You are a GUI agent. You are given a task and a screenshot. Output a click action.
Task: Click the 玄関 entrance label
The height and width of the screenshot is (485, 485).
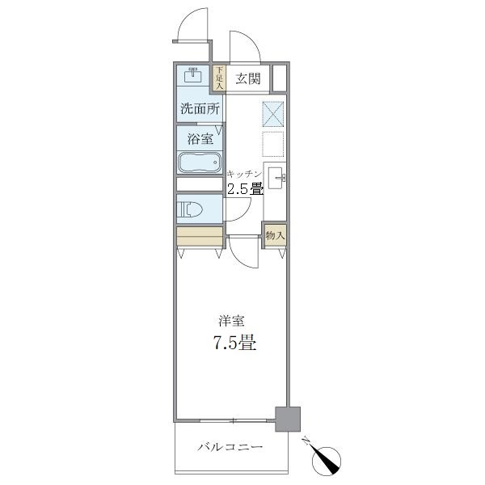coord(247,79)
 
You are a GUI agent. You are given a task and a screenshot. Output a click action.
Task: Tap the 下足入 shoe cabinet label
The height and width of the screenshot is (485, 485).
coord(218,78)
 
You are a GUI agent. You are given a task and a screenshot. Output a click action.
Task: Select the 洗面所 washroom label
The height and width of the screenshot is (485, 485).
coord(200,109)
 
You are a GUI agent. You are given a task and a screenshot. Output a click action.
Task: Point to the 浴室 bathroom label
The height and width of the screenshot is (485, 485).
coord(200,138)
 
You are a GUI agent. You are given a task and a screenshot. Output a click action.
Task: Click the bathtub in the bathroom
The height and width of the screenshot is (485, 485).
coord(199,162)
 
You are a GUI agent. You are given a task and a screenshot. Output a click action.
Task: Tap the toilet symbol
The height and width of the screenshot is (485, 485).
coord(192,209)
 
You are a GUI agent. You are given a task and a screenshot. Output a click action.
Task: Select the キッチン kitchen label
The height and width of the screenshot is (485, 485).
coord(244,175)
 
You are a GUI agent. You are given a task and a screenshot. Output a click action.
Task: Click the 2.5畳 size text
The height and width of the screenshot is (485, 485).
coord(244,190)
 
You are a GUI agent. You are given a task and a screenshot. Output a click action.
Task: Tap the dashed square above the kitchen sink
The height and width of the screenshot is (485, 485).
coord(273,143)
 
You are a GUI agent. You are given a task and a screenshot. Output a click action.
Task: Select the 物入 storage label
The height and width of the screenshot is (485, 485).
coord(275,235)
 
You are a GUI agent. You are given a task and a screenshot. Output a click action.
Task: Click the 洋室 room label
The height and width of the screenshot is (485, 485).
coord(230,320)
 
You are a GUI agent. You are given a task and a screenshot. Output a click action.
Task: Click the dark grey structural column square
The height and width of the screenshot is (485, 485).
coord(287,417)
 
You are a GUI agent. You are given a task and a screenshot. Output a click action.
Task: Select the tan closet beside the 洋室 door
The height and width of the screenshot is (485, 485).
coord(200,235)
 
